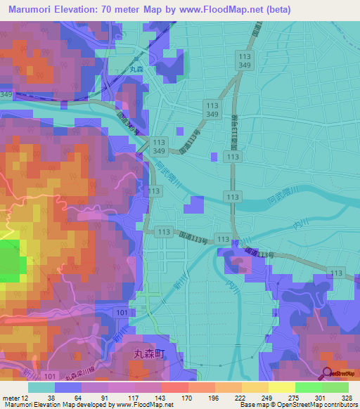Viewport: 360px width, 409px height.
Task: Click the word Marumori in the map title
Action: tap(31, 9)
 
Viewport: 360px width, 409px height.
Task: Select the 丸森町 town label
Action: tap(150, 356)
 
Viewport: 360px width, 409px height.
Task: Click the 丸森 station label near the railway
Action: tap(136, 69)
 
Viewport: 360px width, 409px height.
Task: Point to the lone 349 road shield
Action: tap(6, 93)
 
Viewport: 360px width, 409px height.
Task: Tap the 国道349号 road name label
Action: tap(131, 124)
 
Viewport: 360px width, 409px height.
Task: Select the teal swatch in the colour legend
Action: tap(41, 387)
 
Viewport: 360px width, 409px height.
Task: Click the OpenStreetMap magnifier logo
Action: tap(328, 373)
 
